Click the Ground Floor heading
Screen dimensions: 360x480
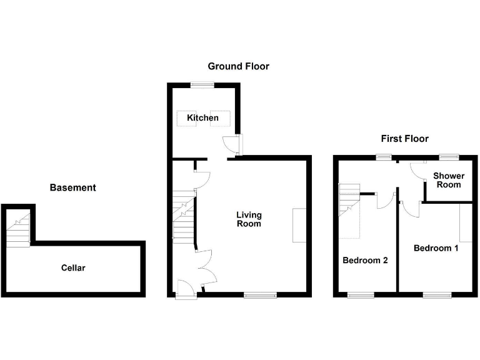coord(238,66)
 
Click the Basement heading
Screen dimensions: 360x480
coord(73,187)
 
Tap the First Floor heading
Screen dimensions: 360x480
coord(405,139)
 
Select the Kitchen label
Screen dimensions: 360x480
coord(203,117)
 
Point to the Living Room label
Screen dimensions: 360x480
coord(248,219)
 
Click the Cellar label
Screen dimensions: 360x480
coord(73,268)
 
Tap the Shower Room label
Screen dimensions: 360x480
coord(448,180)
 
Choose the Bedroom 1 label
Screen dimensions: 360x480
coord(436,248)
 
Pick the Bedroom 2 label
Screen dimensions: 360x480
coord(365,261)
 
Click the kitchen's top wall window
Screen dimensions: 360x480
coord(202,85)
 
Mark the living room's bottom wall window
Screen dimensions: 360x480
coord(260,294)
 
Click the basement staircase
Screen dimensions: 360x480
coord(19,228)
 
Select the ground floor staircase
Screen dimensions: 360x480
coord(184,217)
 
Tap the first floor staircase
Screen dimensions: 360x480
coord(350,200)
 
